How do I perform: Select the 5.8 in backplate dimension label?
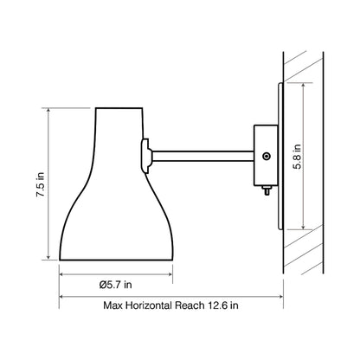[296, 160]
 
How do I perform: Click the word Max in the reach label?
[114, 305]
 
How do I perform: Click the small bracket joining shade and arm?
[147, 156]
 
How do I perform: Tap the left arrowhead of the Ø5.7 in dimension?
[62, 273]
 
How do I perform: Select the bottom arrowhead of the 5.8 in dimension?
[304, 228]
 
